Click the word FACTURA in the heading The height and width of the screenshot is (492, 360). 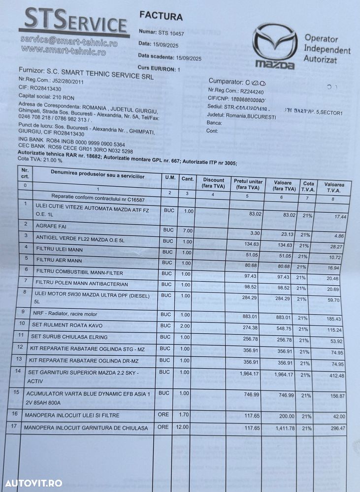pyautogui.click(x=161, y=16)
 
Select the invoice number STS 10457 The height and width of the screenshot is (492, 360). pyautogui.click(x=171, y=33)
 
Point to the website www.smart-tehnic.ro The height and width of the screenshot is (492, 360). pyautogui.click(x=64, y=50)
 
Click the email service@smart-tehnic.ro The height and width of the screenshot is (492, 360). pyautogui.click(x=68, y=40)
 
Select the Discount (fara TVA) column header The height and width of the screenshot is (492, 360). pyautogui.click(x=213, y=183)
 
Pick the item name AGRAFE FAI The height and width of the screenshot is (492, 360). pyautogui.click(x=51, y=227)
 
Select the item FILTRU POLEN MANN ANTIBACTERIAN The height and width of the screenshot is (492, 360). pyautogui.click(x=75, y=284)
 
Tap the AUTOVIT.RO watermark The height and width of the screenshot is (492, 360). pyautogui.click(x=32, y=483)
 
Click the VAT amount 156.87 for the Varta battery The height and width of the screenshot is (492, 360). pyautogui.click(x=336, y=400)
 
